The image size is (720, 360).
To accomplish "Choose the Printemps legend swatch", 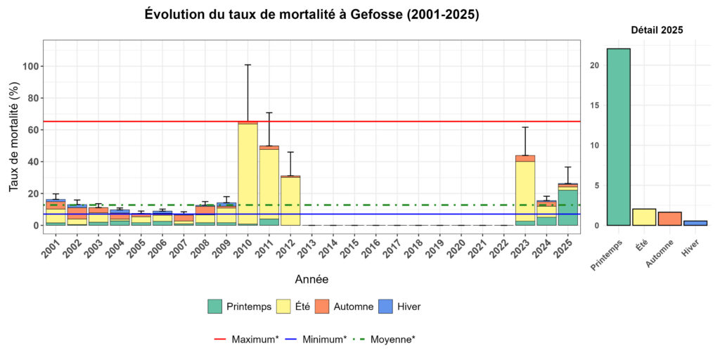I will pos(215,307).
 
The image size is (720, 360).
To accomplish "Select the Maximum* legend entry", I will pos(246,339).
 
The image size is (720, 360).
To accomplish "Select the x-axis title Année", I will pos(311,280).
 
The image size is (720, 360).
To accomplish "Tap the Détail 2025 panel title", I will pos(657,30).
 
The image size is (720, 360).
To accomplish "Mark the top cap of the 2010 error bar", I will pos(247,65).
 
